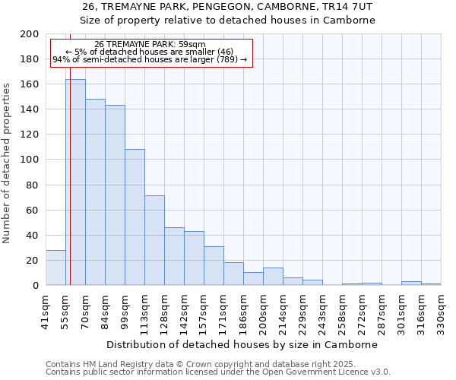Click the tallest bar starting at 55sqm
[75, 182]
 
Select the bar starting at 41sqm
[55, 268]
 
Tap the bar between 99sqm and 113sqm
[135, 217]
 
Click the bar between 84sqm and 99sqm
[115, 195]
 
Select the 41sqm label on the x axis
[46, 312]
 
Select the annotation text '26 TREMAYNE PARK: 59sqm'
[150, 44]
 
